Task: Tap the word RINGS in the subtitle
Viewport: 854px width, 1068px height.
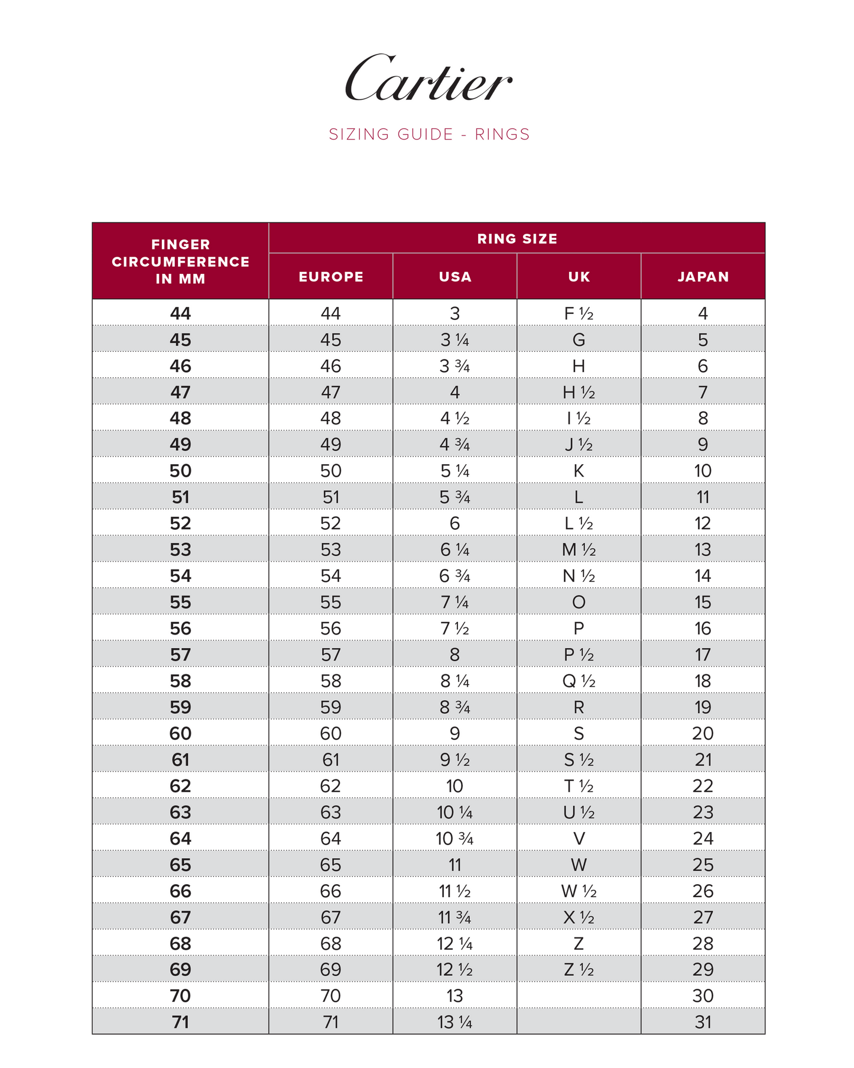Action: tap(502, 134)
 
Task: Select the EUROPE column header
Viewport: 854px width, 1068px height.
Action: tap(331, 277)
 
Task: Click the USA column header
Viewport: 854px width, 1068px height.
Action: tap(455, 277)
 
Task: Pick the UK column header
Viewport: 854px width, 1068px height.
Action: tap(579, 277)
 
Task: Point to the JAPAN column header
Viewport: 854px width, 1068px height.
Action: tap(703, 277)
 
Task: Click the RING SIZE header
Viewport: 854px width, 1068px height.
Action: tap(517, 239)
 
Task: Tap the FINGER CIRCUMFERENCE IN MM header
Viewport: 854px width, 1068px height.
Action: tap(181, 261)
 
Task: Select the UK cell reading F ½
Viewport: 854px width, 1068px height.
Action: tap(579, 313)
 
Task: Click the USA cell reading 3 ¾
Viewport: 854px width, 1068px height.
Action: tap(455, 366)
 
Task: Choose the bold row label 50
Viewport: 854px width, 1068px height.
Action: tap(181, 471)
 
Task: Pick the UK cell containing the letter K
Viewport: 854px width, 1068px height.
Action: tap(579, 471)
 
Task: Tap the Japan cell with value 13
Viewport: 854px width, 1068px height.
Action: tap(703, 549)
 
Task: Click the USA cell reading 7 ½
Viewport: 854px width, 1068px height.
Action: tap(455, 628)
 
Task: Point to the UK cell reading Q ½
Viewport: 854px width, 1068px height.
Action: tap(579, 681)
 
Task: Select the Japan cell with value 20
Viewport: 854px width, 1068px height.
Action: tap(703, 733)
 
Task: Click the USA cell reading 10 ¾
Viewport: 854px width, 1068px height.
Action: tap(455, 839)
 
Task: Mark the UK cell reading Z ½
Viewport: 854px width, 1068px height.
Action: tap(579, 969)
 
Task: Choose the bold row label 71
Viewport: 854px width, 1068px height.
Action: tap(181, 1022)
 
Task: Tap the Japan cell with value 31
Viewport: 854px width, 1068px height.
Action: tap(703, 1022)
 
